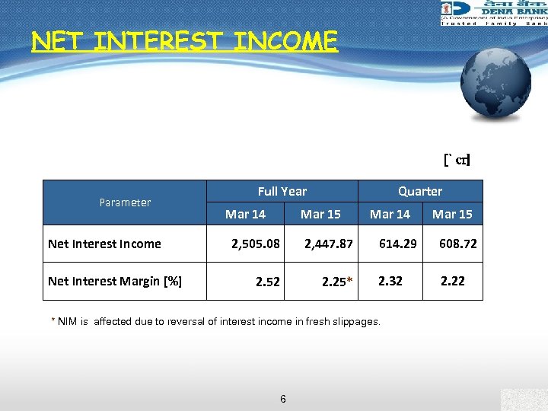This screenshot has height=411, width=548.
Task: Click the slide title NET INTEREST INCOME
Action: (184, 40)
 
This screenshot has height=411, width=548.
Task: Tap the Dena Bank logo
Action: (493, 13)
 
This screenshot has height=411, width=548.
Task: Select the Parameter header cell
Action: (125, 202)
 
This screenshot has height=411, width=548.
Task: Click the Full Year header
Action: (282, 191)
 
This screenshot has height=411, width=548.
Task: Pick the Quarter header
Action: (419, 191)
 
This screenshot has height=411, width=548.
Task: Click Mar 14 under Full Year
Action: (245, 214)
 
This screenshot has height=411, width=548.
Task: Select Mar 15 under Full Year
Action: (320, 214)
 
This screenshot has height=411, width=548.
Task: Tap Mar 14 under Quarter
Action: (390, 214)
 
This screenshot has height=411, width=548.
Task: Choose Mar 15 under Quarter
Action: (452, 214)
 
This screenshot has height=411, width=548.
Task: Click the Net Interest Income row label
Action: (104, 244)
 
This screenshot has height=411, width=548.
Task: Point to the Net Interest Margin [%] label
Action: (115, 281)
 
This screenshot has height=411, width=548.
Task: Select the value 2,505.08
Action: (256, 244)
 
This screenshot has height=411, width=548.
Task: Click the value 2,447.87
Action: (329, 244)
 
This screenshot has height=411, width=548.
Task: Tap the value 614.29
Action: (398, 244)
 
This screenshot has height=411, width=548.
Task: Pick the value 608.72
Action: (458, 244)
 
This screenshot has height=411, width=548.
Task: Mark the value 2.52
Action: (268, 282)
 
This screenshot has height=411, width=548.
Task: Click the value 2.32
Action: (391, 281)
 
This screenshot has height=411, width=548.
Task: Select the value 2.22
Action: (453, 281)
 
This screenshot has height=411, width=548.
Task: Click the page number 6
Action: (283, 398)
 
